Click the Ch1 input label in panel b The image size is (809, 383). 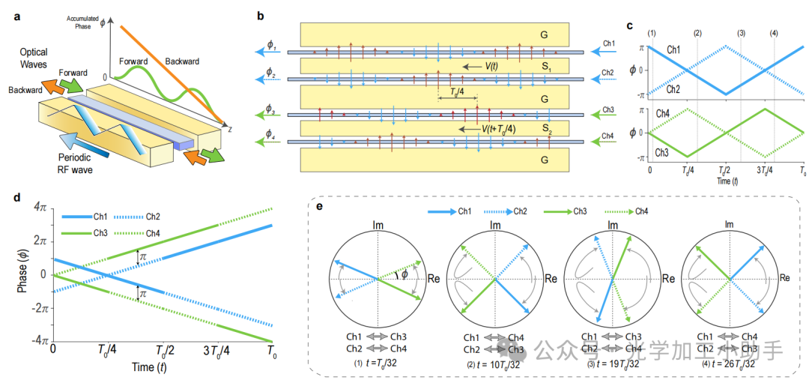click(x=608, y=44)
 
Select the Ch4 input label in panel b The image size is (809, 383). click(x=608, y=135)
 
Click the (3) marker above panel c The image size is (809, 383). click(x=741, y=33)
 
